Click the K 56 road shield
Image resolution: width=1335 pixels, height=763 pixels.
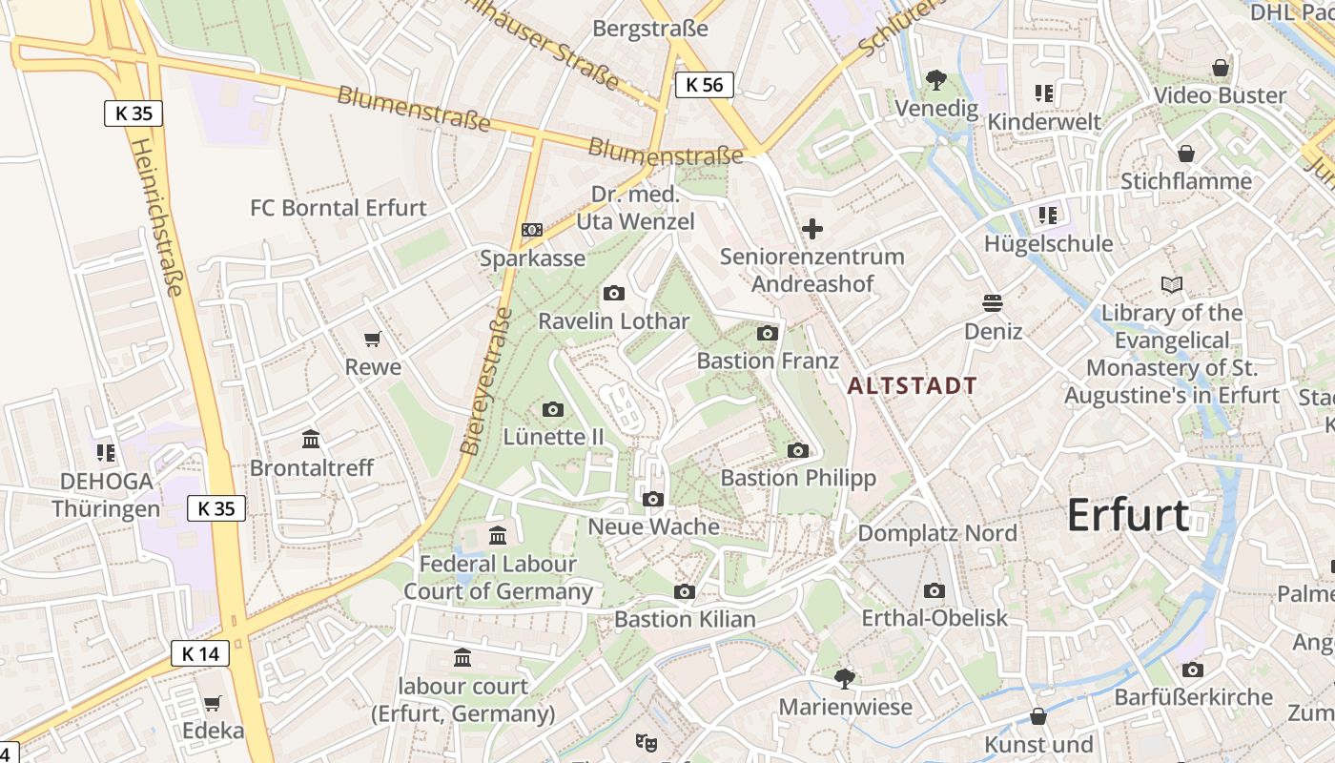(705, 85)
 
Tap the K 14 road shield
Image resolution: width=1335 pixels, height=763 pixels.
(200, 653)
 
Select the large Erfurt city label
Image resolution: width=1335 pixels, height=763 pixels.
(1128, 515)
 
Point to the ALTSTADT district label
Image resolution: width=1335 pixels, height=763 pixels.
(913, 386)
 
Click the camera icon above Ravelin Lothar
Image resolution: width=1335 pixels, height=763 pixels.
(614, 293)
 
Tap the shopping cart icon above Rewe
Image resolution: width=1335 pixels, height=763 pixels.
(373, 340)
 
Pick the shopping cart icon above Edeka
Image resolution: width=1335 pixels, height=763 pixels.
(213, 703)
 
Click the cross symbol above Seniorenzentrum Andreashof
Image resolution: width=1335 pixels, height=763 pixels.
(812, 229)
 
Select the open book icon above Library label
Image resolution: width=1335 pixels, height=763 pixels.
(1172, 284)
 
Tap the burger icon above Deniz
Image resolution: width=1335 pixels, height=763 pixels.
(993, 303)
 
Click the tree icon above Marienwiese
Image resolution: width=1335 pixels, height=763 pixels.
(844, 678)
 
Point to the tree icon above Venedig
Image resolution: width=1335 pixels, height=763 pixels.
(936, 80)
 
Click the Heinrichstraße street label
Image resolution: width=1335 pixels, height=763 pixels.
(156, 217)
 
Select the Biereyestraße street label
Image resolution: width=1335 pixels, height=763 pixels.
(486, 380)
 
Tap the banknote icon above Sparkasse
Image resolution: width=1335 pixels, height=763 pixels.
(532, 230)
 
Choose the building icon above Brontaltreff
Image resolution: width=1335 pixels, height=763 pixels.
(311, 440)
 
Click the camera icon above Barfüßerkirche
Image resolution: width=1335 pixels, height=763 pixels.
(1193, 670)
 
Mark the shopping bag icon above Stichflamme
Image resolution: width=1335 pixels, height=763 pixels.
(1186, 154)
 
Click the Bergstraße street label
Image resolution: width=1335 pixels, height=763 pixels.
(650, 29)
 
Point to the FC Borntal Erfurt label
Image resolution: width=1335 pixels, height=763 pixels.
(339, 208)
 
